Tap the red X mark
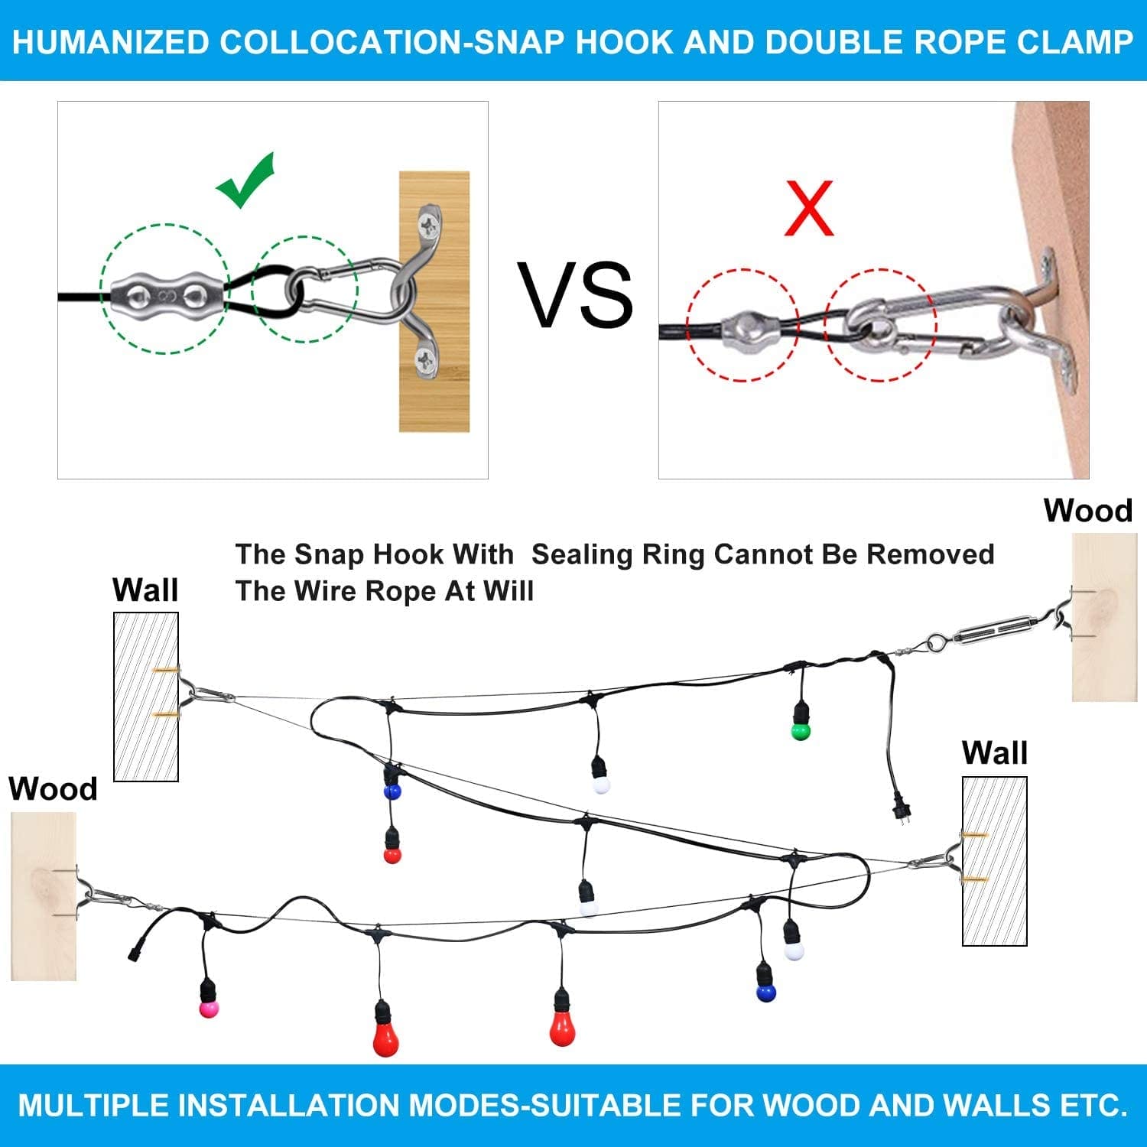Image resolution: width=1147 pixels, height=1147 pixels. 809,209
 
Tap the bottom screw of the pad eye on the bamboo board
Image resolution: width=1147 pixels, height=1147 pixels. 425,359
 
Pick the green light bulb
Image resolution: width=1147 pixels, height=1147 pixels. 800,731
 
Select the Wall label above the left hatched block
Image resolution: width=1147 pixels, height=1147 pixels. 145,590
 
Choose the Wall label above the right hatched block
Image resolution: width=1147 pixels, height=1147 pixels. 994,753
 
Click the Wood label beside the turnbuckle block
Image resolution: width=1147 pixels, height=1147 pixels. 1087,511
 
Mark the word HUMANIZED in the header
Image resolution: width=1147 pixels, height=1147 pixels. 111,42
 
